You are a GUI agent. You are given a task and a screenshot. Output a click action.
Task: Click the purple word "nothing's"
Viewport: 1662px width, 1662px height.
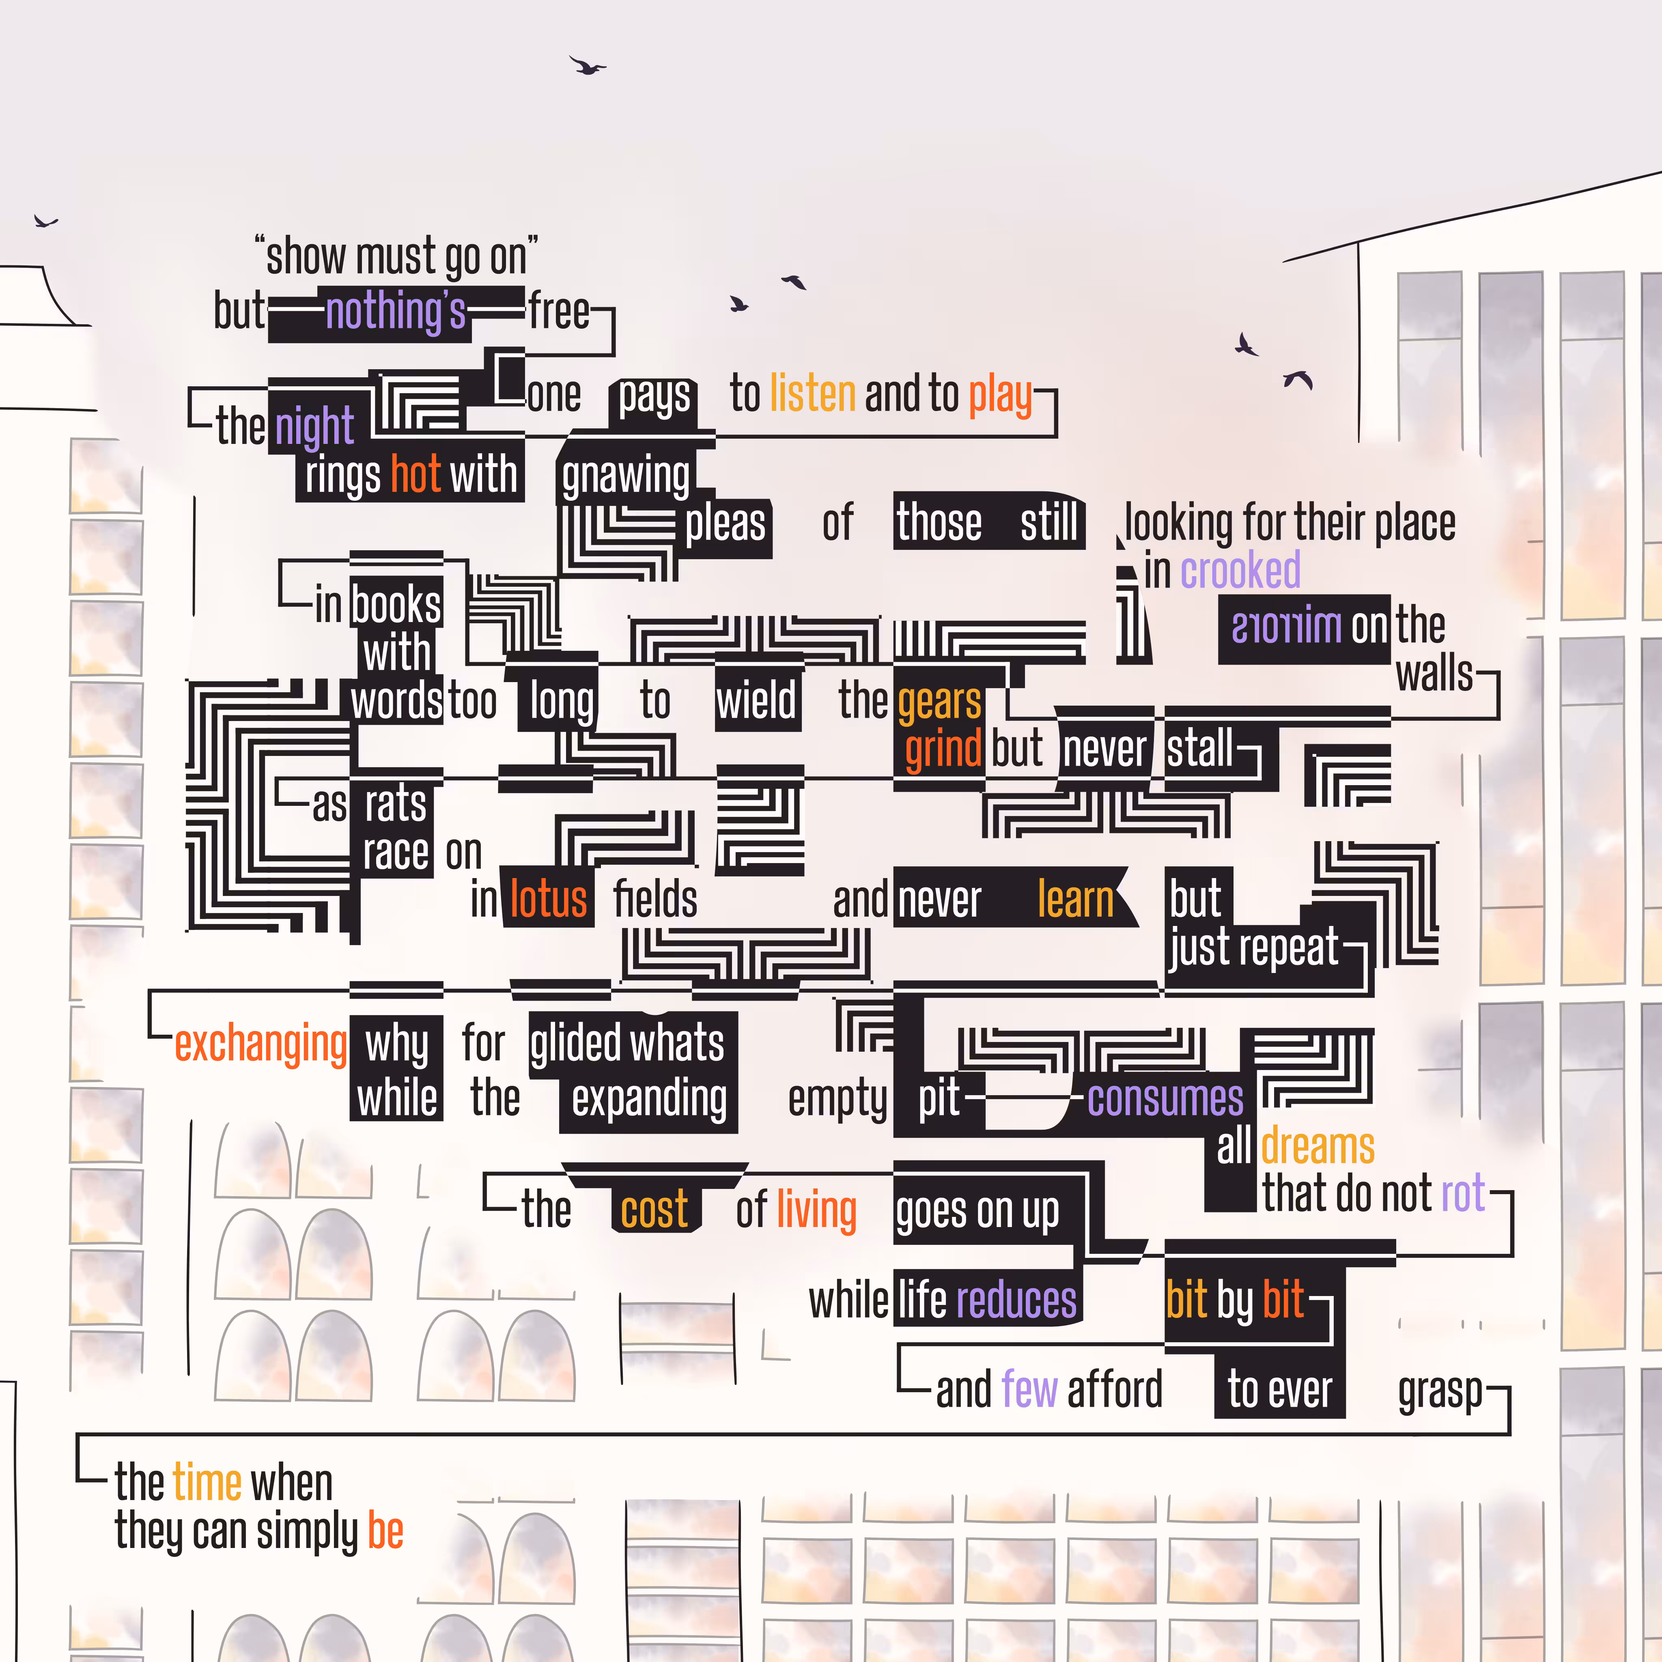coord(396,311)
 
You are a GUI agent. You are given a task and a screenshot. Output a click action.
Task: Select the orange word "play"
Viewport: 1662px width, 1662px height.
coord(1001,396)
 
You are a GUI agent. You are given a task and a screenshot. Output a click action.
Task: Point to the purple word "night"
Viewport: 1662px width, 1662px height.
coord(315,427)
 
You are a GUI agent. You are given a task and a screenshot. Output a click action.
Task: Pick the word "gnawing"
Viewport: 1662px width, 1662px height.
coord(626,477)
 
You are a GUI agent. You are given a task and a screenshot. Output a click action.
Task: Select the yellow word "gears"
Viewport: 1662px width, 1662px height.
coord(939,702)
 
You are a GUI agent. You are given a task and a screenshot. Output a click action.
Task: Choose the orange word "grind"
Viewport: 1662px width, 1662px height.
coord(943,748)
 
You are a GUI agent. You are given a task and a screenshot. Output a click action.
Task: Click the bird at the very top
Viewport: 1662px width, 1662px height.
coord(588,65)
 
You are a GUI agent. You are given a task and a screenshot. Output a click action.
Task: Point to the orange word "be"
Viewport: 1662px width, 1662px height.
coord(385,1531)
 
